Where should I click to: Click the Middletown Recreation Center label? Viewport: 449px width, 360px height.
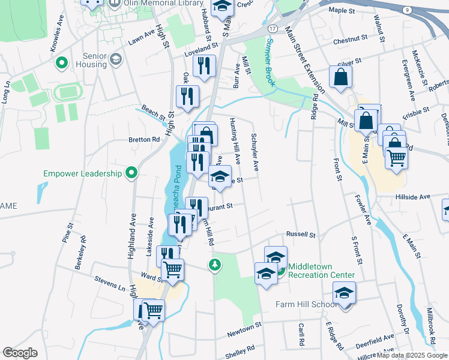(x=321, y=271)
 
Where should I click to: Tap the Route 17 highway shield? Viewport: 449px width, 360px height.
(x=273, y=29)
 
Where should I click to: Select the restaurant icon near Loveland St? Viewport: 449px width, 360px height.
(x=205, y=65)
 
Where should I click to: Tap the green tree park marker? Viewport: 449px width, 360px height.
(x=214, y=265)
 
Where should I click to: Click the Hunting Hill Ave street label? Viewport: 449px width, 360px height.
(x=235, y=141)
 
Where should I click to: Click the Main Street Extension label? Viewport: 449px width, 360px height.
(x=306, y=60)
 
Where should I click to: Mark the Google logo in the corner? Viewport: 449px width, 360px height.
(x=20, y=353)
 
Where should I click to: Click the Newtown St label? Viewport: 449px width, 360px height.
(x=244, y=328)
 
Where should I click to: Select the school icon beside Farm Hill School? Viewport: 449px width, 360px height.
(x=345, y=293)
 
